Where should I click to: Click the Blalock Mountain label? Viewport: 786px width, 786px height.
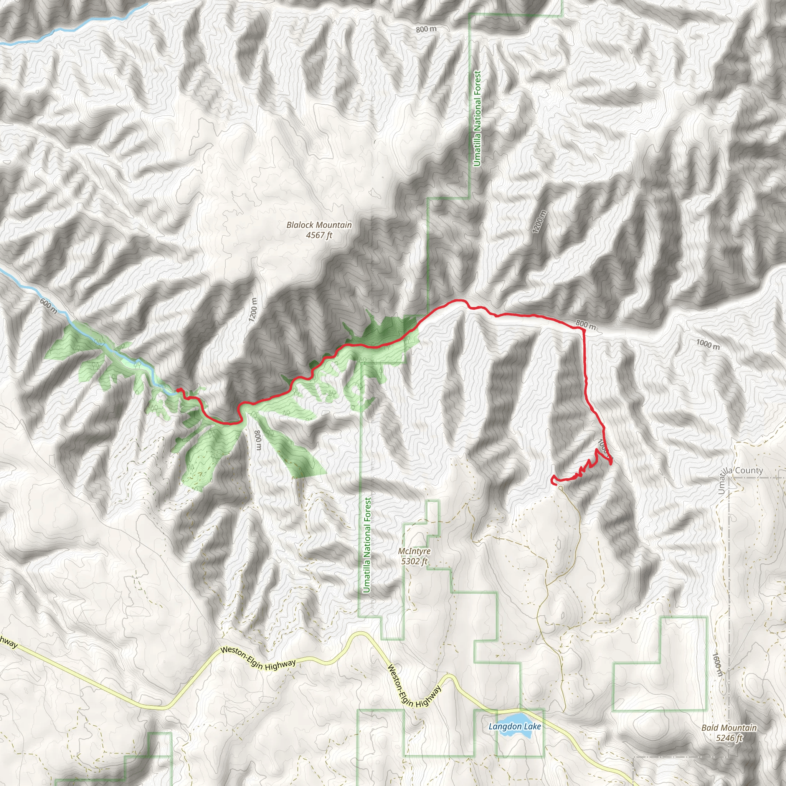[x=319, y=225]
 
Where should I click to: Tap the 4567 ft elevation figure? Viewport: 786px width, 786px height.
[x=319, y=235]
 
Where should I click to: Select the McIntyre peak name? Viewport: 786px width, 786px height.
[x=414, y=551]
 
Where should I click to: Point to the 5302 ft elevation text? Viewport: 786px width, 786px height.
[x=414, y=561]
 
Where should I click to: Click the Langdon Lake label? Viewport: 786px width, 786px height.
[x=515, y=726]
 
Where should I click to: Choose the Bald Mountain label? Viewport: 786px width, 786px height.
[x=729, y=727]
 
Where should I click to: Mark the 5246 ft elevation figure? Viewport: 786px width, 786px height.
[x=729, y=738]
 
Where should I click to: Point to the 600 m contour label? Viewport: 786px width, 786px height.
[x=49, y=305]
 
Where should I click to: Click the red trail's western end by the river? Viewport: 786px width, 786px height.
[x=178, y=390]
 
